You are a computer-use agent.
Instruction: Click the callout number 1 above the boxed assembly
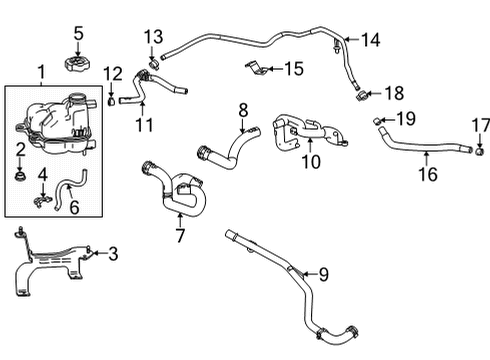point(41,73)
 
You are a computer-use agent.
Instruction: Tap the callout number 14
point(370,41)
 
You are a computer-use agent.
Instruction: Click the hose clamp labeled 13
point(153,64)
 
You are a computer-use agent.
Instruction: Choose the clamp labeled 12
point(112,100)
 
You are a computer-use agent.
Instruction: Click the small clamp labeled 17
point(479,153)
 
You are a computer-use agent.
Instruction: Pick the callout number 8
point(242,108)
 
